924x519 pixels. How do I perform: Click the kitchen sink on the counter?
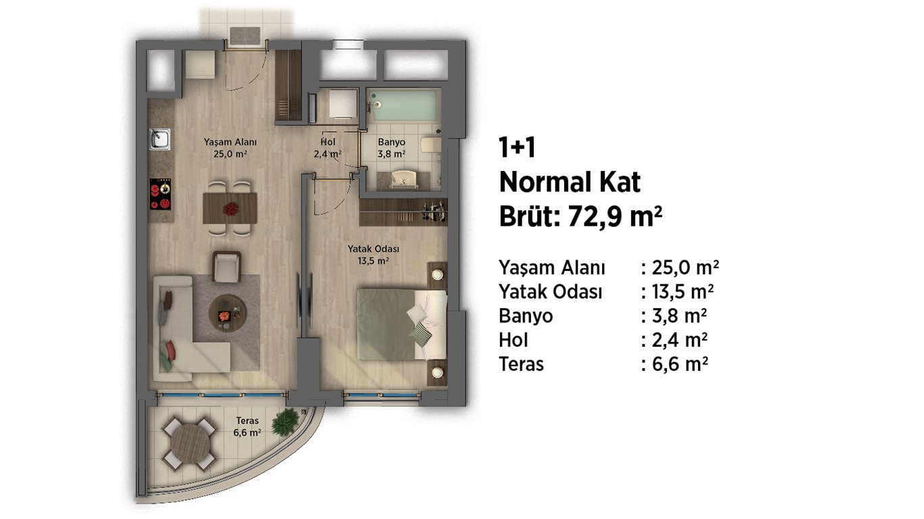[160, 139]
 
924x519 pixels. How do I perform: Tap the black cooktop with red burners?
[160, 194]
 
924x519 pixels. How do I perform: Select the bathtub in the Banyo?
[402, 105]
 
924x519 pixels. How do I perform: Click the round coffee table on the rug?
[227, 313]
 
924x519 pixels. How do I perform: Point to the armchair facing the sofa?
[227, 267]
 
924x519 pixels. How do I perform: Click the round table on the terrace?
[190, 445]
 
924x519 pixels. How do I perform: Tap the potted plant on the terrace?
[285, 422]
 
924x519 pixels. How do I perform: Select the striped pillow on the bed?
[420, 334]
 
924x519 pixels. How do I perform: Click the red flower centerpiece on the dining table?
[230, 209]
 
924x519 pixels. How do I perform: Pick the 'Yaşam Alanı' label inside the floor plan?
[230, 142]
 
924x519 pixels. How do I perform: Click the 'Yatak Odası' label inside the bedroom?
[373, 249]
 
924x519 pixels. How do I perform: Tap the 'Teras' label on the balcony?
[248, 420]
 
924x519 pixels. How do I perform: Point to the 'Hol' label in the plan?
[328, 142]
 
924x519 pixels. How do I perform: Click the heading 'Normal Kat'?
[570, 182]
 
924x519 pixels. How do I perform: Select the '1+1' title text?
[517, 147]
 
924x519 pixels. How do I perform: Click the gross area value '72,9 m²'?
[615, 216]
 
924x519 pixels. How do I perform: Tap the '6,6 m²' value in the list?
[680, 364]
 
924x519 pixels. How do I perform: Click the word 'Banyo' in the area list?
[526, 316]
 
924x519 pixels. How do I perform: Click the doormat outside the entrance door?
[245, 35]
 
